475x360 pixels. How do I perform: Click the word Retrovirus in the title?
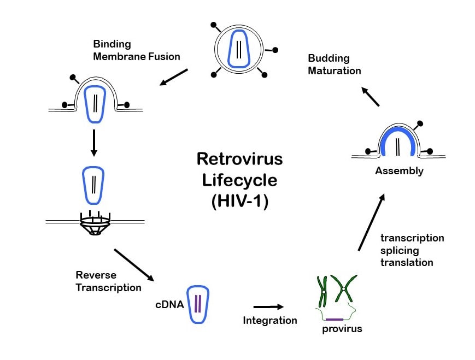click(x=239, y=159)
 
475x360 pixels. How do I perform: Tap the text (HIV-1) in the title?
click(x=239, y=200)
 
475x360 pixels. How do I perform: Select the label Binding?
click(x=112, y=44)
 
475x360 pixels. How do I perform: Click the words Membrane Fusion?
click(x=137, y=56)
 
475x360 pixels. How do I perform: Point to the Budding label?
click(x=329, y=58)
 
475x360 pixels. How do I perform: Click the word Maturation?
click(x=335, y=70)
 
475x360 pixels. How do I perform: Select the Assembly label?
click(x=399, y=171)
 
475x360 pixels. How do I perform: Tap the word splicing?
click(x=400, y=250)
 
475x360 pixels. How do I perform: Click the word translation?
click(x=407, y=262)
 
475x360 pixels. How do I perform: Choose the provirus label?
click(x=342, y=329)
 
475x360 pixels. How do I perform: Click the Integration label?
click(x=270, y=320)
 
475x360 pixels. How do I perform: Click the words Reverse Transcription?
click(x=108, y=281)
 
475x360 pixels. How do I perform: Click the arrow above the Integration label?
click(x=269, y=306)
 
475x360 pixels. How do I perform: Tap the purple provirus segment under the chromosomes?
click(x=335, y=319)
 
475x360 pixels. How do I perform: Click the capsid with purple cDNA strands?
click(x=197, y=304)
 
